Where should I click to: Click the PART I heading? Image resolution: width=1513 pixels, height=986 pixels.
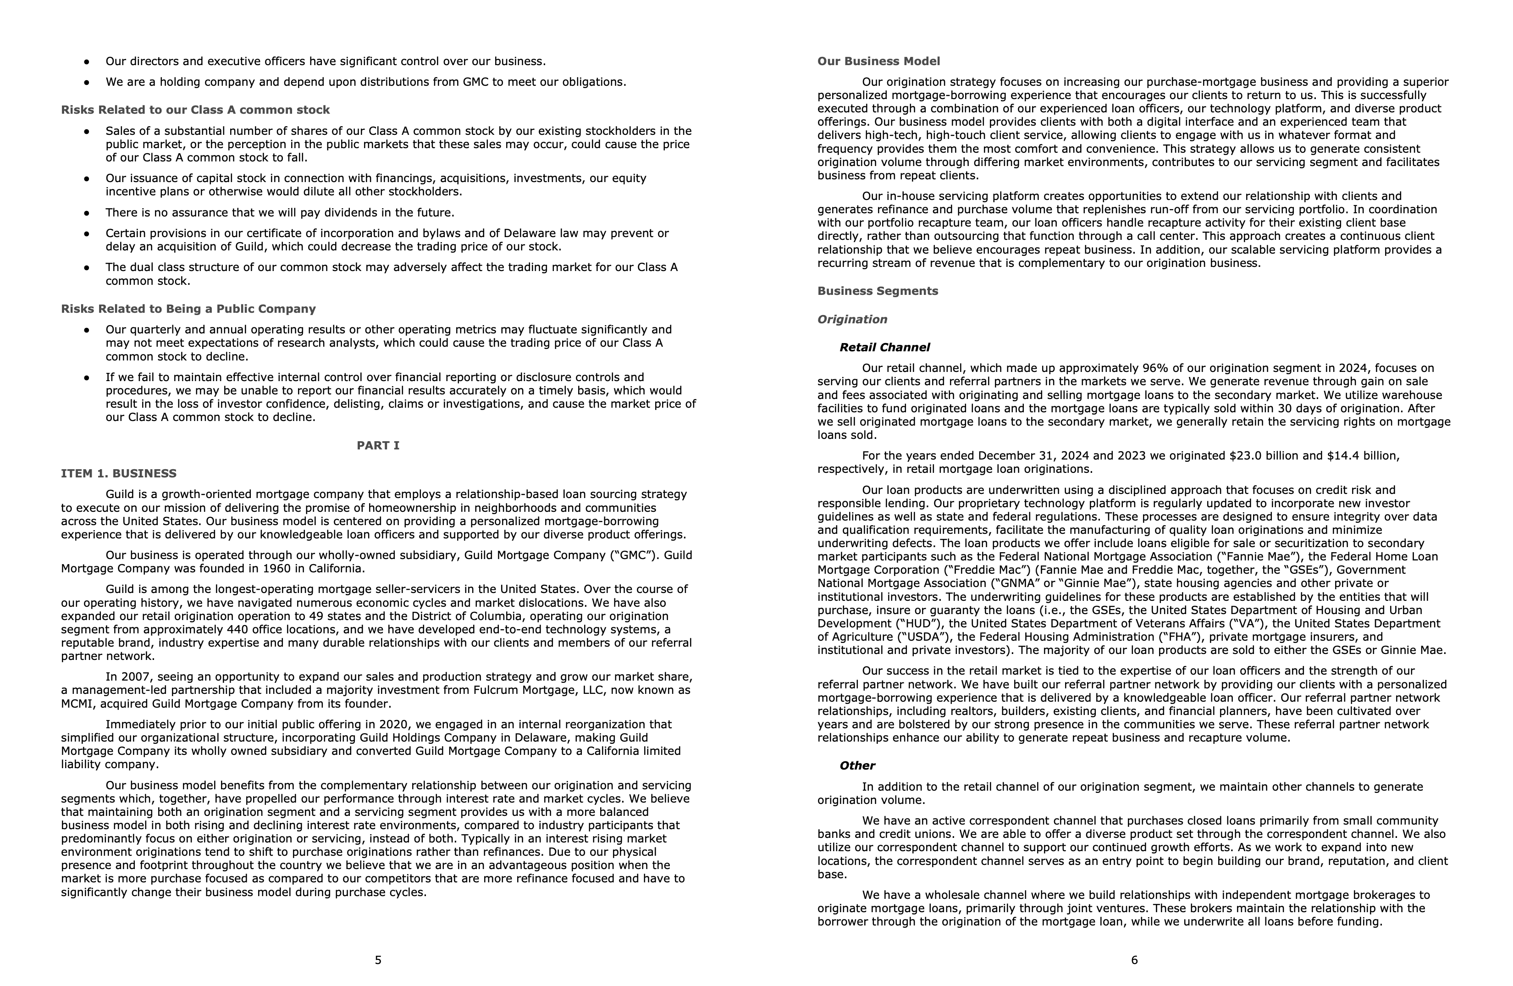click(x=378, y=446)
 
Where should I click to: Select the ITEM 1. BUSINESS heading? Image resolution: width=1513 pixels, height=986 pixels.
click(x=119, y=474)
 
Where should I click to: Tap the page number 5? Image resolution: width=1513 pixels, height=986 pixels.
click(x=378, y=960)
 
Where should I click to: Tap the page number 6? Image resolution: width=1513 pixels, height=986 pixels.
click(x=1134, y=960)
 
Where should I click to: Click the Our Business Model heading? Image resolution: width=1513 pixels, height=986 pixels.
click(x=878, y=61)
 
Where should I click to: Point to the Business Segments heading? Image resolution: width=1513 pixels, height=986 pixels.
click(x=877, y=291)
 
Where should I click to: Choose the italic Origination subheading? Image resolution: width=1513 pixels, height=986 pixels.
click(x=852, y=319)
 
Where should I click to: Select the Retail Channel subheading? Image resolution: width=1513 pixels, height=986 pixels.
click(x=884, y=348)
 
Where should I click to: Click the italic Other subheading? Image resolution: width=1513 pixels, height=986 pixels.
click(x=857, y=766)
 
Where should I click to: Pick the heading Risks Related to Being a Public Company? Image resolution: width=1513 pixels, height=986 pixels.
click(x=188, y=309)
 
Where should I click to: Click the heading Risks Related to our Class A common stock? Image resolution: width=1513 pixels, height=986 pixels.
click(x=195, y=110)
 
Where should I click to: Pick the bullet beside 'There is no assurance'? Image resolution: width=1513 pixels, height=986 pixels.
click(x=87, y=213)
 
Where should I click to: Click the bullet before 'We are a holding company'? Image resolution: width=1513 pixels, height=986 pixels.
click(x=87, y=83)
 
